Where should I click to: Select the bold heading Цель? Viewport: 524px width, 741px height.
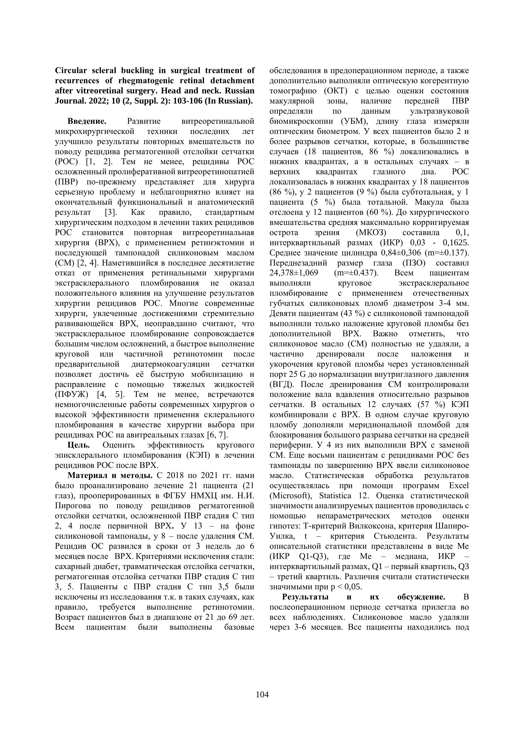78,445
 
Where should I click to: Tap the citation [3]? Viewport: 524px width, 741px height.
111,212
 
